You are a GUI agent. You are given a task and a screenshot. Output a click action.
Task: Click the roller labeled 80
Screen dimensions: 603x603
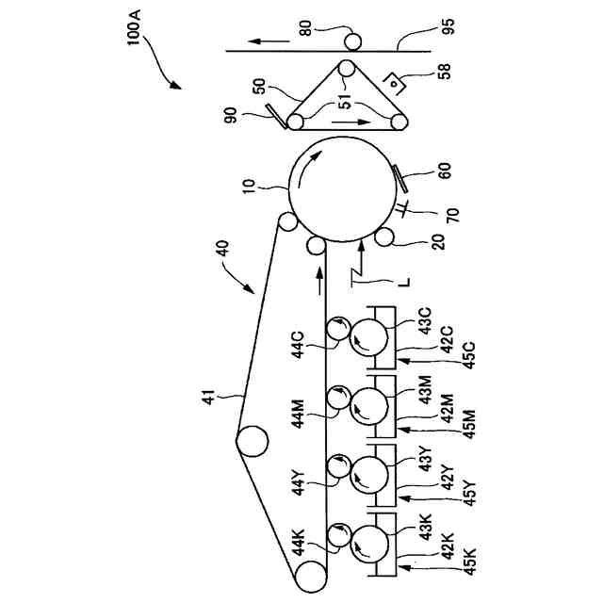[352, 41]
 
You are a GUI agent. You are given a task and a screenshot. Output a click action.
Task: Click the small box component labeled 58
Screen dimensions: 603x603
[396, 82]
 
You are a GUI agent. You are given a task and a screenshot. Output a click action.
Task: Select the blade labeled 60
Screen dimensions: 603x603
[396, 175]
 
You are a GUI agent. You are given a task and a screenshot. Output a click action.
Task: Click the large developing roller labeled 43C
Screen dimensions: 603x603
[369, 337]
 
